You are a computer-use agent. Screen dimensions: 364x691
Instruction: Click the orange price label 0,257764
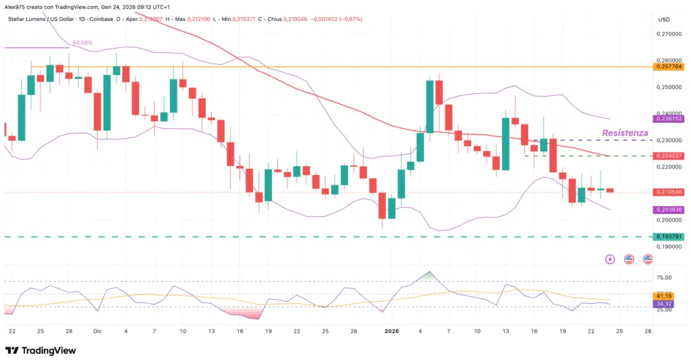coord(668,67)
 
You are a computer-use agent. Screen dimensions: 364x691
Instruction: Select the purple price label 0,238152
coord(668,118)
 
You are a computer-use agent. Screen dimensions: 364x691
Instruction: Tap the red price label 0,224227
coord(668,156)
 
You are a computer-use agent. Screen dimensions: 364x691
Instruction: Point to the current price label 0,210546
coord(668,192)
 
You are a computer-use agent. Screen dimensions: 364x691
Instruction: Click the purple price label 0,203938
coord(668,210)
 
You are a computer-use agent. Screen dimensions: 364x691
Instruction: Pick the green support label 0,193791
coord(668,237)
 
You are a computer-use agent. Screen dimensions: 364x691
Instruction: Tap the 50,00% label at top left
coord(83,43)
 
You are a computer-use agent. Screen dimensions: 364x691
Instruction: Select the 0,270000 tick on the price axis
coord(668,33)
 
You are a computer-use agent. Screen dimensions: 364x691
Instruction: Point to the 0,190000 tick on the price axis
coord(668,246)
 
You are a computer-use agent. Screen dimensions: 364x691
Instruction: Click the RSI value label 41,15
coord(665,296)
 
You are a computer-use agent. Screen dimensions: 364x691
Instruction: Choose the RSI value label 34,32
coord(665,305)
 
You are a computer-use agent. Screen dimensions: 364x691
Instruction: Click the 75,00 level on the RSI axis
coord(665,278)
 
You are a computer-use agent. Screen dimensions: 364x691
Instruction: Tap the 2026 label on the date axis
coord(391,331)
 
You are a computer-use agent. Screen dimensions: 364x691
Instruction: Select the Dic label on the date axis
coord(97,331)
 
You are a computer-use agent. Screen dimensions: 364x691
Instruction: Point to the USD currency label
coord(664,19)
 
